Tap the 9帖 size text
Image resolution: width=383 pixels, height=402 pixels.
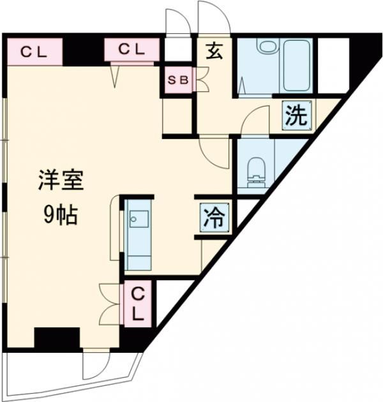pyautogui.click(x=61, y=216)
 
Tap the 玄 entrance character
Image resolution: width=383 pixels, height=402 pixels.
pyautogui.click(x=213, y=52)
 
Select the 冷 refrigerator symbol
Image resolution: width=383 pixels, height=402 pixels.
pyautogui.click(x=214, y=218)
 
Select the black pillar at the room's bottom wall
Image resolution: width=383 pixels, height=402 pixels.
pyautogui.click(x=56, y=336)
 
